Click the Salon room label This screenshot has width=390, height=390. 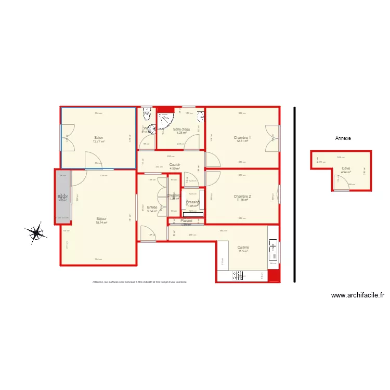tap(98, 138)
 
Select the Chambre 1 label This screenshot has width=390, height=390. tap(242, 138)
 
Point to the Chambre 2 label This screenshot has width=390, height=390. tap(242, 197)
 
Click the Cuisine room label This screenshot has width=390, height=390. tap(243, 248)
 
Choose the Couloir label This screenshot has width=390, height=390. tap(175, 165)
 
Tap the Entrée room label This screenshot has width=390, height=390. tap(152, 207)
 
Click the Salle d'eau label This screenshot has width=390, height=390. tap(181, 129)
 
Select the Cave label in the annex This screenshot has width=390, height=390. tap(346, 168)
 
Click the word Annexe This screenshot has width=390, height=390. tap(343, 138)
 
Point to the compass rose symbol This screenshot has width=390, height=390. tap(36, 233)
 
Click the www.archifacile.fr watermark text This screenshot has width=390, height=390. tap(358, 295)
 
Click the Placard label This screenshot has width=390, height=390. tap(186, 221)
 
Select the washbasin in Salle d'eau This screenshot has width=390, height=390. tap(200, 114)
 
